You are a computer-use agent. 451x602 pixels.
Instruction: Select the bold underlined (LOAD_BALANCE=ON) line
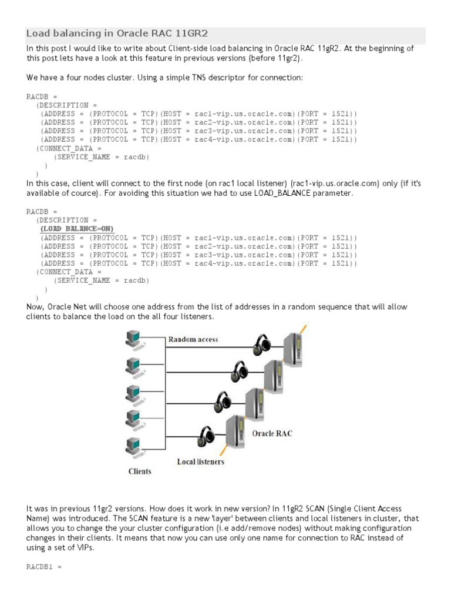click(77, 229)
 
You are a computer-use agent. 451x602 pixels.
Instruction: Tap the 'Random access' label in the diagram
click(193, 339)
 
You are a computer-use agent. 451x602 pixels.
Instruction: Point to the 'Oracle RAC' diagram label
click(272, 434)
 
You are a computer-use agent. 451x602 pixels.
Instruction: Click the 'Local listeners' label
click(200, 461)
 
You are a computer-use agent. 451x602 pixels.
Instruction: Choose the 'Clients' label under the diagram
click(140, 471)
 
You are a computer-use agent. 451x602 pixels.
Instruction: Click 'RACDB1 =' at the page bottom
click(44, 567)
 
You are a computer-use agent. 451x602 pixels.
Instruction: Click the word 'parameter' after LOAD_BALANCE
click(335, 193)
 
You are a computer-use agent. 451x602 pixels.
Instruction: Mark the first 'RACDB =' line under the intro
click(42, 96)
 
